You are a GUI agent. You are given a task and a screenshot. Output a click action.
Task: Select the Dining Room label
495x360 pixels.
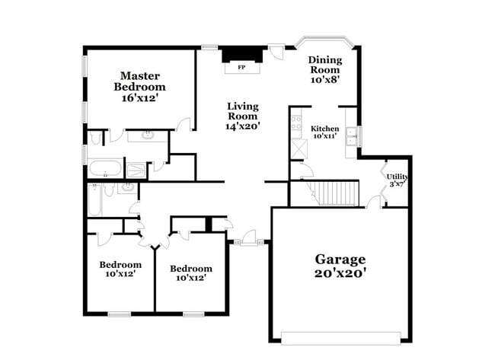coord(324,68)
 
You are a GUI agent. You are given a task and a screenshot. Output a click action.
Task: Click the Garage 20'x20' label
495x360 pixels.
coord(340,266)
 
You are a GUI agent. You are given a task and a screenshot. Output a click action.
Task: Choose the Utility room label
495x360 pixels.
coord(398,180)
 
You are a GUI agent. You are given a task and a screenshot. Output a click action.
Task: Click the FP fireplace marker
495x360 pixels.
coord(241,68)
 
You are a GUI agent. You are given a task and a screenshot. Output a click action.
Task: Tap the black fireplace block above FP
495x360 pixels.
coord(242,55)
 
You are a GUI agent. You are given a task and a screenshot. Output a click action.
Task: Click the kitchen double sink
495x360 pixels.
coord(351,137)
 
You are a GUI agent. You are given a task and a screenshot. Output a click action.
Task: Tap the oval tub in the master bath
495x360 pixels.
coord(104,167)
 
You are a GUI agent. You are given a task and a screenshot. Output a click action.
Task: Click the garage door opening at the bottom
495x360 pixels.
coord(340,337)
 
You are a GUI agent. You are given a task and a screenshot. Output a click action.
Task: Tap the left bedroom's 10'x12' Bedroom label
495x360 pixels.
coord(120,269)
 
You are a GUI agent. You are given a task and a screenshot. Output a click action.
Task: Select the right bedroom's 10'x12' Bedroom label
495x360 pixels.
coord(190,272)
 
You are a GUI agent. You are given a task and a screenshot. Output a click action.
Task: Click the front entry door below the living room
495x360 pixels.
coord(248,242)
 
